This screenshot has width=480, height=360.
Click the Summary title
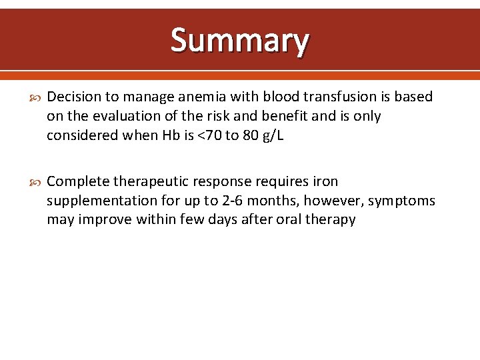coord(240,40)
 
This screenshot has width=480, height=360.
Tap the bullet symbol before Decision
coord(35,97)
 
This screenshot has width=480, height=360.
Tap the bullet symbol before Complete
coord(35,181)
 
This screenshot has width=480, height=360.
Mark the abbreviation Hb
coord(169,135)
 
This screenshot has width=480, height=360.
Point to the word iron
coord(324,181)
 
